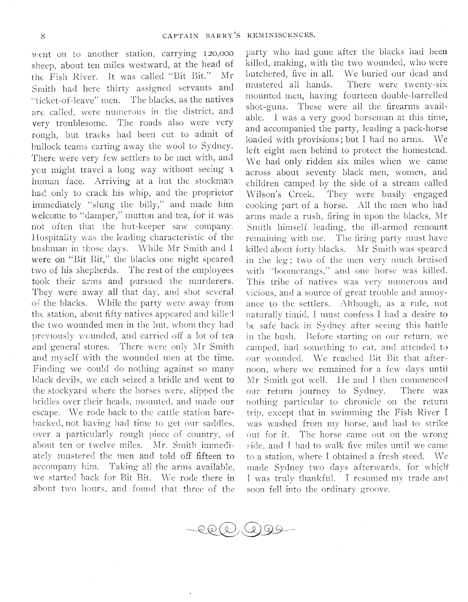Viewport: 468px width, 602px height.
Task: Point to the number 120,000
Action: pos(217,54)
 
